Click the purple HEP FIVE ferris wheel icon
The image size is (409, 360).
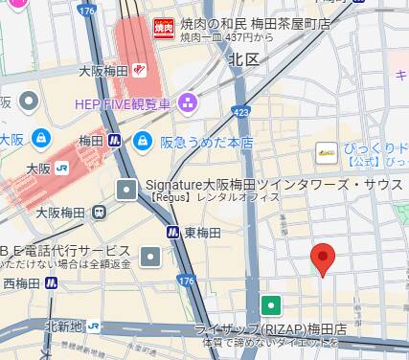click(x=188, y=101)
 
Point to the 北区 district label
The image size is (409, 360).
click(x=244, y=59)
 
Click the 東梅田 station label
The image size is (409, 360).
click(x=203, y=233)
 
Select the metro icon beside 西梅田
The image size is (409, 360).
click(x=51, y=282)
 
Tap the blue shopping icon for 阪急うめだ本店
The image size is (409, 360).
click(x=141, y=141)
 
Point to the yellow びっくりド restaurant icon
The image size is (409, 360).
click(x=327, y=150)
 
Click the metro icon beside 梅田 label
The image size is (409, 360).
click(x=114, y=141)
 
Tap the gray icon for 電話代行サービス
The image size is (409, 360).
click(x=150, y=256)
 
